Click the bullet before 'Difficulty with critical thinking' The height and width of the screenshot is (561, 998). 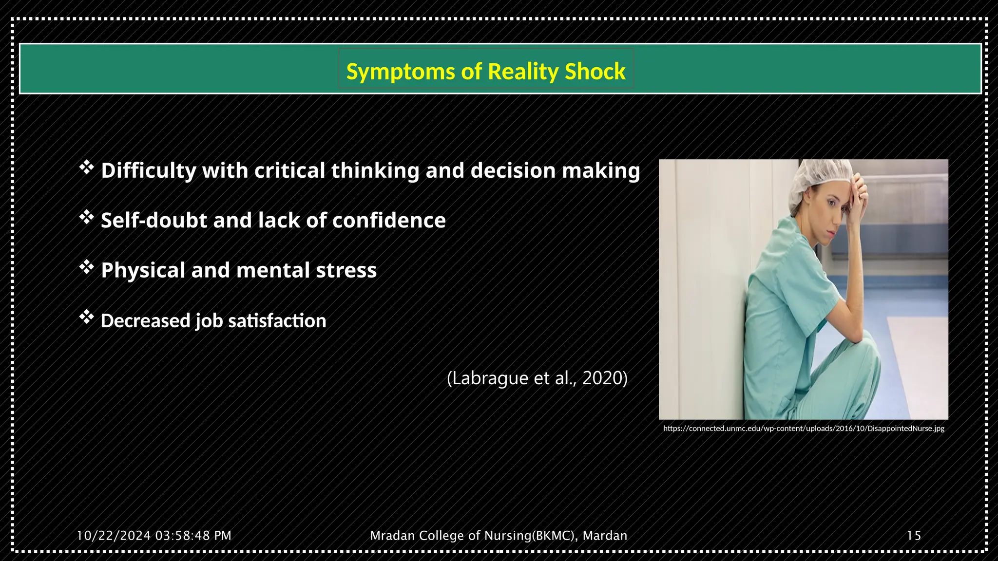[x=86, y=168]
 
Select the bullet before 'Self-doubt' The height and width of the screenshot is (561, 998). [x=86, y=218]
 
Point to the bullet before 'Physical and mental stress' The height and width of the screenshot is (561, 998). [x=86, y=267]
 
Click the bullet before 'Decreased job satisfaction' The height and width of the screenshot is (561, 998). [x=86, y=318]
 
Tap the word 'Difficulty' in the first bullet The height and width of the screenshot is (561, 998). [x=148, y=171]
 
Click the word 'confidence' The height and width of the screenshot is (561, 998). [x=389, y=221]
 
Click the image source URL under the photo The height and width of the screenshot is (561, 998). [x=804, y=429]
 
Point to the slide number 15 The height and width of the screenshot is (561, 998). [x=914, y=536]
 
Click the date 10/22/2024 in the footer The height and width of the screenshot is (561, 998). [x=114, y=536]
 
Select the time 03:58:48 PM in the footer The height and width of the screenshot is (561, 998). [x=193, y=536]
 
